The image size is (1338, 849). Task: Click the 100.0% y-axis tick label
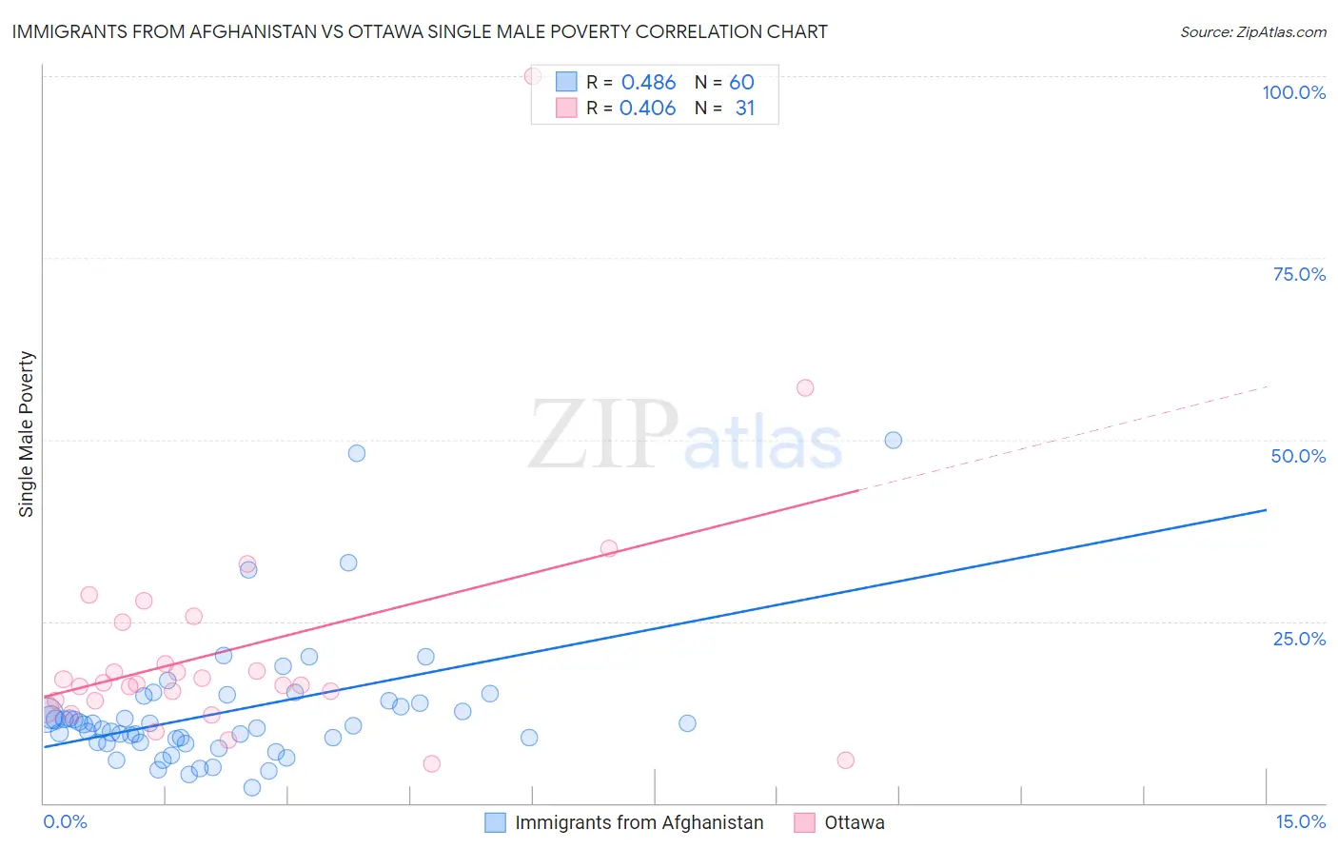(x=1293, y=92)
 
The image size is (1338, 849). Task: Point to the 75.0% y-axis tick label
(x=1299, y=274)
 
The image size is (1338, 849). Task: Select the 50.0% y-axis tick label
(x=1298, y=456)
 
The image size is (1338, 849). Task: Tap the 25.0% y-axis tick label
(x=1299, y=638)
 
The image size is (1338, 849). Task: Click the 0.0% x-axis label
(x=65, y=821)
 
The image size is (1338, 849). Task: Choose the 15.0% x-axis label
(x=1300, y=821)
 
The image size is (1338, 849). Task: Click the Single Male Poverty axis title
(x=27, y=434)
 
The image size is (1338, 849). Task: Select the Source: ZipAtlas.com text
(x=1252, y=31)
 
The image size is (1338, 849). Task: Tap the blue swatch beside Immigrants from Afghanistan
(x=495, y=822)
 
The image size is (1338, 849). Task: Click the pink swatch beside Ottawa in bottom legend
(x=805, y=822)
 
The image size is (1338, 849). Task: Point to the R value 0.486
(x=648, y=83)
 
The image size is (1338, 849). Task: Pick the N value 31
(x=744, y=109)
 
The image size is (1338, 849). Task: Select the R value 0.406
(x=647, y=109)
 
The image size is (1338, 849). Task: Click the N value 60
(x=741, y=83)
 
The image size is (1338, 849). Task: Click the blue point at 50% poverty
(x=893, y=440)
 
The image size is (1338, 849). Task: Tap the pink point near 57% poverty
(x=805, y=387)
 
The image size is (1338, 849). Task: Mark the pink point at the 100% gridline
(x=533, y=76)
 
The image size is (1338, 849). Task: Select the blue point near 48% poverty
(x=357, y=453)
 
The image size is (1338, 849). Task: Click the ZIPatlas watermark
(x=685, y=436)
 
